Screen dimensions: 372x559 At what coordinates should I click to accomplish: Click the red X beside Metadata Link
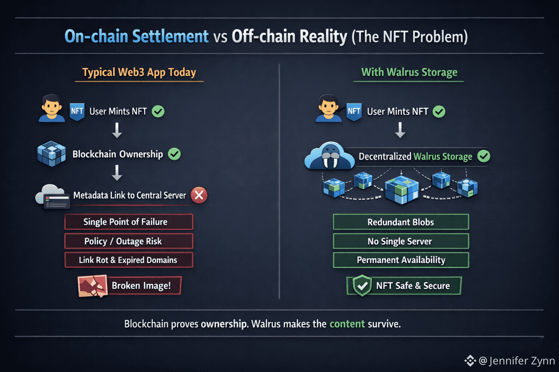[x=199, y=195]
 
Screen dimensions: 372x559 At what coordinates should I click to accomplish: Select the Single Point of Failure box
[x=128, y=222]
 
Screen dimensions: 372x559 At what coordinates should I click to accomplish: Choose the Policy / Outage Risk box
[x=128, y=241]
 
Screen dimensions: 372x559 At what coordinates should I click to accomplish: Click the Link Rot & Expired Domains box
[x=128, y=260]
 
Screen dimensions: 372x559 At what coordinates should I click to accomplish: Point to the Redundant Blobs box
[x=400, y=222]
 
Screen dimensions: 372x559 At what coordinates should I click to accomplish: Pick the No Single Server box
[x=400, y=241]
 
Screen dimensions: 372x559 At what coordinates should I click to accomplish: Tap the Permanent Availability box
[x=400, y=260]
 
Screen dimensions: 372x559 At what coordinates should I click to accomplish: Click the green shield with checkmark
[x=362, y=286]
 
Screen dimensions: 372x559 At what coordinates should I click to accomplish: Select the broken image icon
[x=92, y=286]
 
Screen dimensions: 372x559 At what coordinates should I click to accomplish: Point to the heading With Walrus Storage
[x=409, y=72]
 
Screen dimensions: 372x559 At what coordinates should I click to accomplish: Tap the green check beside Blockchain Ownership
[x=174, y=154]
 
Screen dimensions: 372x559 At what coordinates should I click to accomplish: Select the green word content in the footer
[x=347, y=324]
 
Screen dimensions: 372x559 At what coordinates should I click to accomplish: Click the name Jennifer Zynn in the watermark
[x=522, y=361]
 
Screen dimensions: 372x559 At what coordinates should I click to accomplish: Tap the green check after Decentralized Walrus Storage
[x=483, y=156]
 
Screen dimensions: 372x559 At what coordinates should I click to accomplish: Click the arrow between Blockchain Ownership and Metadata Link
[x=117, y=174]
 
